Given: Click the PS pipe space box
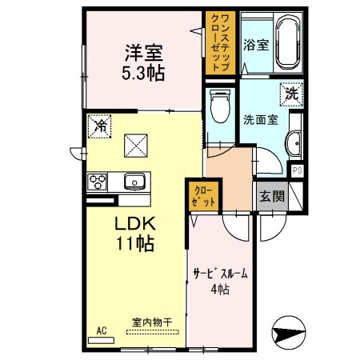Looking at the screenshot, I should (x=297, y=170).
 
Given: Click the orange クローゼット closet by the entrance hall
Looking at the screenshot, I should (x=203, y=196).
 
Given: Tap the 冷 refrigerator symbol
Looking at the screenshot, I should (x=101, y=126).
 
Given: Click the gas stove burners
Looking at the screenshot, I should (x=98, y=181).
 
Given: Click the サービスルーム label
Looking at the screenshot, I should (x=220, y=274).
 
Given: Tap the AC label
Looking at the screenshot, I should (x=102, y=330).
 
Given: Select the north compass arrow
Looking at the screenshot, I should (x=290, y=329).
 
